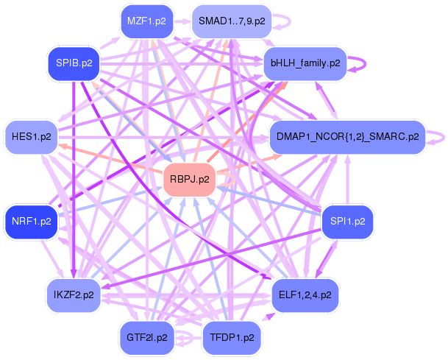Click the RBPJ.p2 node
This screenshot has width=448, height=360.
click(189, 179)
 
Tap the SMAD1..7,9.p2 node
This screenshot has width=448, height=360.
click(231, 21)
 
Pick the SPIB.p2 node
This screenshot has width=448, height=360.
click(74, 63)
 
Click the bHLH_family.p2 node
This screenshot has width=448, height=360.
click(305, 63)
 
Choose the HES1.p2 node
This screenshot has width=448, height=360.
click(32, 137)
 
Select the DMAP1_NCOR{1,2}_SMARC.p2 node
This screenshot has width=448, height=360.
click(348, 136)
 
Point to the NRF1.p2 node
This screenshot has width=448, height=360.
click(32, 221)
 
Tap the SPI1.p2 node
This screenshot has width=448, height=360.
click(347, 221)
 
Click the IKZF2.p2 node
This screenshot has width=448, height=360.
click(74, 295)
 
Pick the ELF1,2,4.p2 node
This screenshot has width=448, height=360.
click(305, 295)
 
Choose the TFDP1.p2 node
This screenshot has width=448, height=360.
click(232, 338)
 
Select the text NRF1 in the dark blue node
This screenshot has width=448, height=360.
click(26, 221)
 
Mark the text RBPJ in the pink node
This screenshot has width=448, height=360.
click(183, 179)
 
